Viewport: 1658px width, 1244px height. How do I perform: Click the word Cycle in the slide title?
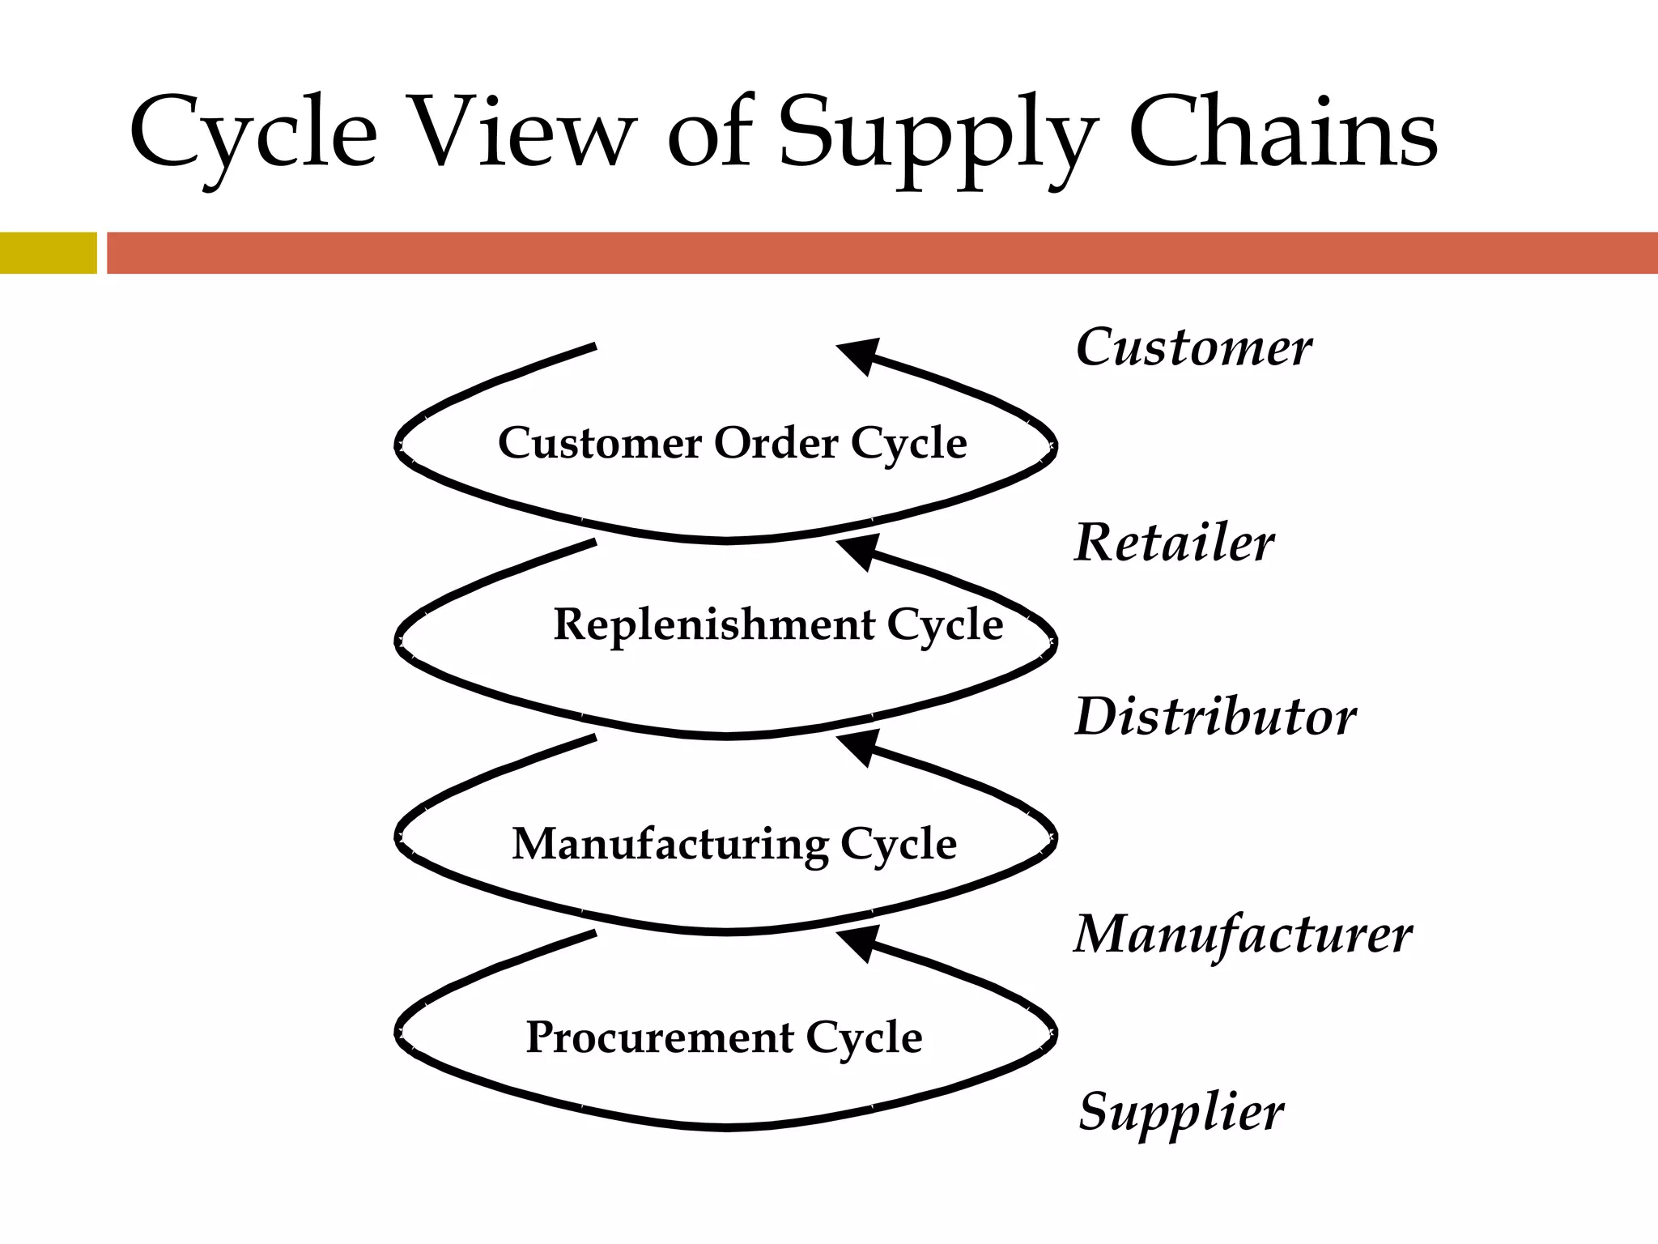(x=253, y=134)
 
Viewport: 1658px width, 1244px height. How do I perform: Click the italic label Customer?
(x=1193, y=348)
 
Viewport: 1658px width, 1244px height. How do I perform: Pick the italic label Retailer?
(x=1174, y=543)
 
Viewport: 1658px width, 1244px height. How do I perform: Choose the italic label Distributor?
(x=1215, y=718)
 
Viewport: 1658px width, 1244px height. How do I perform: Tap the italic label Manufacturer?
(x=1243, y=935)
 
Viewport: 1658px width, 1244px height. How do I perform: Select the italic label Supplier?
(x=1181, y=1112)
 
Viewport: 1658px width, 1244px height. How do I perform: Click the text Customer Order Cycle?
(x=732, y=443)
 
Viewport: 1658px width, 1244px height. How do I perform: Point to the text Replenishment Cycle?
(x=778, y=624)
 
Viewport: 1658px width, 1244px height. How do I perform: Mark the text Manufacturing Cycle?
(x=734, y=844)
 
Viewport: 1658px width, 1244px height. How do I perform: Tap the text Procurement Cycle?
(x=724, y=1037)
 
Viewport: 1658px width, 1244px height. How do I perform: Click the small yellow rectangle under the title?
(x=48, y=253)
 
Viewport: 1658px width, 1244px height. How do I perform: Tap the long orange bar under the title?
(x=882, y=253)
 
